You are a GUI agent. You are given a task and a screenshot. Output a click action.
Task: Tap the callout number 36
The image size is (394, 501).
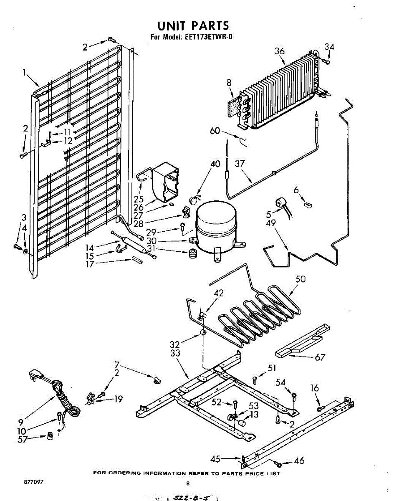click(x=280, y=51)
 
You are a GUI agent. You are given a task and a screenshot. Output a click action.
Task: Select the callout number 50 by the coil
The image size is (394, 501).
click(x=300, y=279)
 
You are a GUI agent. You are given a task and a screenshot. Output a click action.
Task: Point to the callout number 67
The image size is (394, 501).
click(x=320, y=357)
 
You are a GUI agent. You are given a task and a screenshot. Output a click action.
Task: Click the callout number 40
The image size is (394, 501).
click(x=215, y=164)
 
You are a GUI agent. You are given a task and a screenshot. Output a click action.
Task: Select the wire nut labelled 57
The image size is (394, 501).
click(x=50, y=436)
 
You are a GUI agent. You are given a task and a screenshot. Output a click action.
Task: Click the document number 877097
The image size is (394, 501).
click(x=33, y=481)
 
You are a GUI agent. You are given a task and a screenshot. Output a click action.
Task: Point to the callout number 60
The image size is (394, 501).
click(x=215, y=131)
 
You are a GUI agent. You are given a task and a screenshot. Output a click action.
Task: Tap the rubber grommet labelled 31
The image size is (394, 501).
click(x=192, y=253)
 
